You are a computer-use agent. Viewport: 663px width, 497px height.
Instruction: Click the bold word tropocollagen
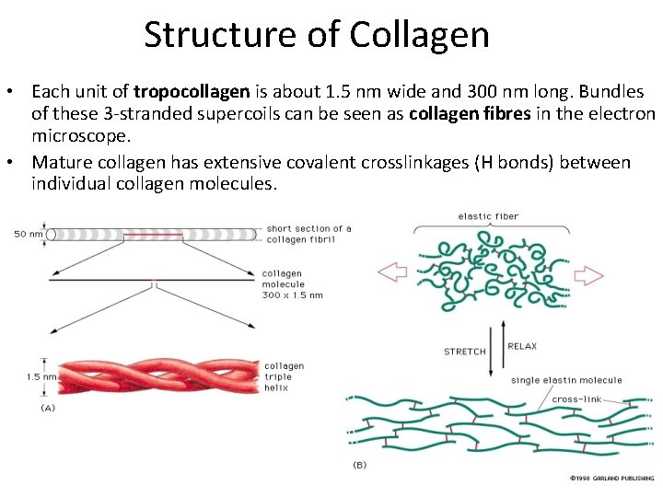(192, 92)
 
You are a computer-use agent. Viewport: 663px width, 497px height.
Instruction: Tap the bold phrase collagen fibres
(469, 114)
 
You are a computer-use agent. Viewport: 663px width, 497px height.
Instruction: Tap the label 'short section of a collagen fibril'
(308, 234)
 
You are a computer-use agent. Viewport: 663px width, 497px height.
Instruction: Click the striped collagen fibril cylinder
(152, 234)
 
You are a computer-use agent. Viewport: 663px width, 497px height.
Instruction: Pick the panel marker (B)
(359, 465)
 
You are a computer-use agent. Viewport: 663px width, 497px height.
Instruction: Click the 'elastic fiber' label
(488, 216)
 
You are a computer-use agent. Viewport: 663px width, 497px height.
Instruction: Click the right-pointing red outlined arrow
(589, 275)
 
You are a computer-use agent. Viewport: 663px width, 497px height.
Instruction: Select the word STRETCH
(465, 352)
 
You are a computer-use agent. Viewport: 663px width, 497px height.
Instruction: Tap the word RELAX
(523, 347)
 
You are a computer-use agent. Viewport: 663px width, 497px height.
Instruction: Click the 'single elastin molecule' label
(566, 380)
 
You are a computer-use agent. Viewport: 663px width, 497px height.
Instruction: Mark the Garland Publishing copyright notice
(610, 478)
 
